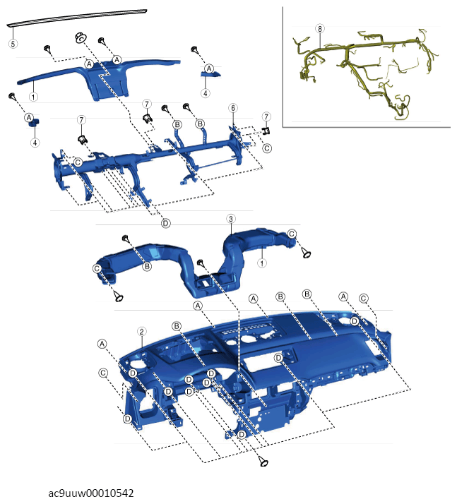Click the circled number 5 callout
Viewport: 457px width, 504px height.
click(x=13, y=43)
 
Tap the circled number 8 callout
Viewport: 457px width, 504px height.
click(x=320, y=29)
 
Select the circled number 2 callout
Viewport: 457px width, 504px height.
click(x=141, y=332)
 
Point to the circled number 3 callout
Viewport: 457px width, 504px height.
click(x=231, y=219)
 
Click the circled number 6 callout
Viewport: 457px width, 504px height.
click(x=233, y=108)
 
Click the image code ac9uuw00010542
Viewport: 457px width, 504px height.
click(x=90, y=493)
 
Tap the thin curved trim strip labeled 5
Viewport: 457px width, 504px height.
click(x=77, y=18)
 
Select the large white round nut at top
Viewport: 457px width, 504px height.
click(x=80, y=37)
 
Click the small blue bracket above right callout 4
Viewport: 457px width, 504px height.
click(x=211, y=74)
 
